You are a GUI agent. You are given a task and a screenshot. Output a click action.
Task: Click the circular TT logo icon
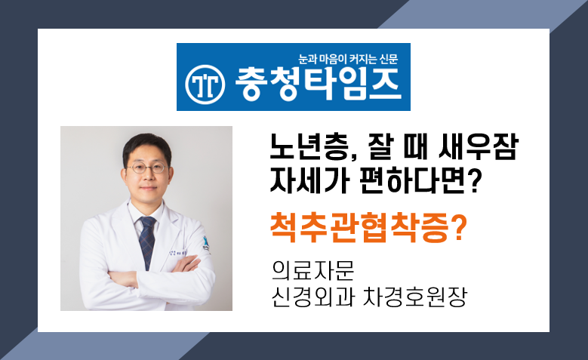tap(205, 85)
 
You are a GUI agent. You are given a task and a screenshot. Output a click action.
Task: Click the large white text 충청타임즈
tap(318, 84)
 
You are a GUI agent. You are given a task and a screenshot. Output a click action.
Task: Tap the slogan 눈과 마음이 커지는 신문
tap(348, 59)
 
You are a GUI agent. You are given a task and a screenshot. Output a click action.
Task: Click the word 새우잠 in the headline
tap(479, 146)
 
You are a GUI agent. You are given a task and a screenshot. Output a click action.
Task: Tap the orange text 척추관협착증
tap(359, 228)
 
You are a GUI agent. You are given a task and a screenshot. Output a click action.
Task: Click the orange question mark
tap(458, 227)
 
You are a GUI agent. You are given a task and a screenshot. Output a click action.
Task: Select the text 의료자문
tap(313, 270)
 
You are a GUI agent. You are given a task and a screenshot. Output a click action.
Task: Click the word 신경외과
tap(313, 297)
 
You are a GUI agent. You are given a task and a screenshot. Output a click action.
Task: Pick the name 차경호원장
tap(414, 297)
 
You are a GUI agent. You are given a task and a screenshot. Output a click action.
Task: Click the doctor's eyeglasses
tap(147, 168)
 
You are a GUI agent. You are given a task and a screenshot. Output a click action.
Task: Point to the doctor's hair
tap(146, 147)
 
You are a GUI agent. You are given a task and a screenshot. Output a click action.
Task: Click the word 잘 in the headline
tap(379, 146)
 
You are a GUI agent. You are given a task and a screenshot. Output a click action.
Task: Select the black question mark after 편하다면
tap(474, 180)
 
